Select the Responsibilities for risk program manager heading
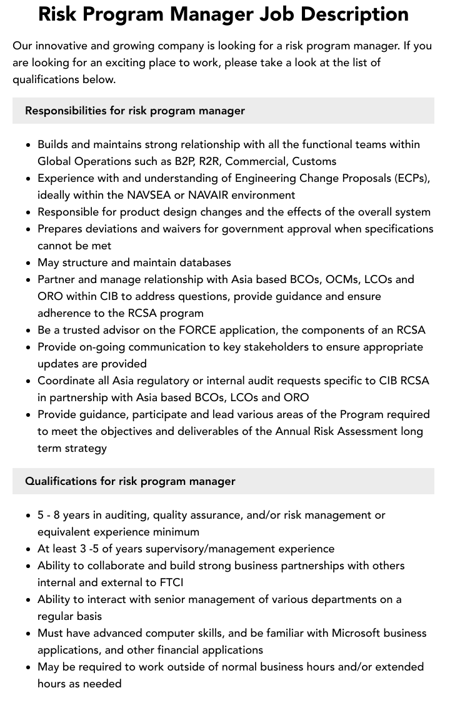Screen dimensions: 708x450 [135, 111]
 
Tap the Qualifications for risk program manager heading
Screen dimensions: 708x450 [130, 481]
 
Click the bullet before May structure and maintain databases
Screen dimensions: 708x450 [28, 263]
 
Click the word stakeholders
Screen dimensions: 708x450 [224, 347]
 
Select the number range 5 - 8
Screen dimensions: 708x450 [49, 515]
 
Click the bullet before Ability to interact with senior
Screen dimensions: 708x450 [28, 600]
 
